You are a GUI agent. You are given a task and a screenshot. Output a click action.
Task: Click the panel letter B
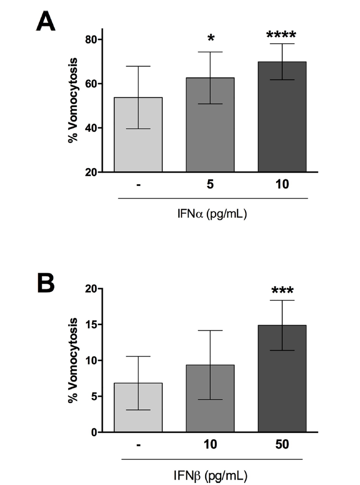coord(45,283)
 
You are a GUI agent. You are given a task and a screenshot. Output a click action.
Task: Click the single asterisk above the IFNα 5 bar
coord(211,39)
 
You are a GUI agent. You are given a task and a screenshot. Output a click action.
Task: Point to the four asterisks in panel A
coord(281,35)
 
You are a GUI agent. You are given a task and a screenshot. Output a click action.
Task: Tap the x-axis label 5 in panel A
coord(210,185)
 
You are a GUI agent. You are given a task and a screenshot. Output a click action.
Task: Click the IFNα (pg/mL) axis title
coord(213,215)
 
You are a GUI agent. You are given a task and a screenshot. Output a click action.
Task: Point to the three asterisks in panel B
coord(282,291)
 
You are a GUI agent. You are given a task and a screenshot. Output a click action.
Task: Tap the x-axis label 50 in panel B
coord(282,445)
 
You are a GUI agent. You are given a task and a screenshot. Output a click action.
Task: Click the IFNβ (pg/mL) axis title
coord(213,475)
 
